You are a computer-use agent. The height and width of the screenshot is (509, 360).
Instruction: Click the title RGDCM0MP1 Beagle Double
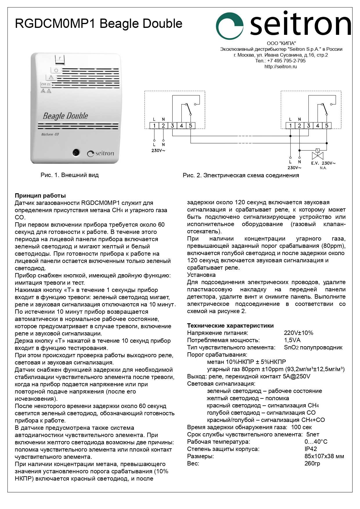pyautogui.click(x=99, y=24)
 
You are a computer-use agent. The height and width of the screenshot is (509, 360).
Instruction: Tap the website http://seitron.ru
pyautogui.click(x=281, y=66)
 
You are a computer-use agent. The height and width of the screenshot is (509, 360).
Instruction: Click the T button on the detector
pyautogui.click(x=59, y=59)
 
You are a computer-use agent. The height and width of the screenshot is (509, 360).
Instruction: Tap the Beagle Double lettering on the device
pyautogui.click(x=65, y=116)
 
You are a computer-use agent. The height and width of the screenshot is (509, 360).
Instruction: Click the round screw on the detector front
pyautogui.click(x=76, y=152)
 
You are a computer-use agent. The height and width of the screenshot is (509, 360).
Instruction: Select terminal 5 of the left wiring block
pyautogui.click(x=191, y=126)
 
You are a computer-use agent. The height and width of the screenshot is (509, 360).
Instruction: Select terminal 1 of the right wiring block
pyautogui.click(x=290, y=126)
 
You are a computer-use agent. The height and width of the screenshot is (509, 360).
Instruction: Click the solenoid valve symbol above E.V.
pyautogui.click(x=318, y=154)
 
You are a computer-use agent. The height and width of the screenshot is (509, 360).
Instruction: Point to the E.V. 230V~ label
pyautogui.click(x=323, y=163)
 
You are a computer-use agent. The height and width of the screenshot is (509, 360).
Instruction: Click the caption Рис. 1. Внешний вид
pyautogui.click(x=70, y=175)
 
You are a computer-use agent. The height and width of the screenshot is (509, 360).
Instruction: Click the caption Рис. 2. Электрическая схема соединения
pyautogui.click(x=241, y=175)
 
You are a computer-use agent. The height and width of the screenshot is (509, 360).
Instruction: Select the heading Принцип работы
pyautogui.click(x=40, y=195)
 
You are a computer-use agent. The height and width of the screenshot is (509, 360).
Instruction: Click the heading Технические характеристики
pyautogui.click(x=230, y=326)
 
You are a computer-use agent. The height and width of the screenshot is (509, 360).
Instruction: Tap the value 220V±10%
pyautogui.click(x=299, y=333)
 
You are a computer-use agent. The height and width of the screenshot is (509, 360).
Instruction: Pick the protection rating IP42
pyautogui.click(x=311, y=449)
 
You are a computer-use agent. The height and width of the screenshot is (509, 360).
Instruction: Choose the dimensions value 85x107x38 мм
pyautogui.click(x=324, y=456)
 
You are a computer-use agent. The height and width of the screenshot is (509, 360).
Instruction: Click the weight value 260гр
pyautogui.click(x=312, y=463)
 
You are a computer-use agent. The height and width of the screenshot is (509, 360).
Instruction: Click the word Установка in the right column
pyautogui.click(x=201, y=275)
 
